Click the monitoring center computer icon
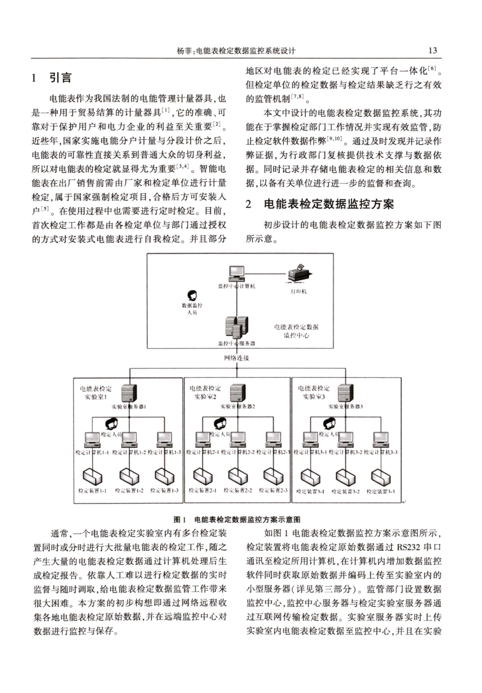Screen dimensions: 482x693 tap(236, 274)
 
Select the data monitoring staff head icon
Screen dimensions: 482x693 tap(192, 296)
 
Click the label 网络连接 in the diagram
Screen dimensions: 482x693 tap(236, 358)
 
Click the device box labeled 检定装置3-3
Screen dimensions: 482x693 tap(381, 477)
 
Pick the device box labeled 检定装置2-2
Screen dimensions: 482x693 tap(237, 476)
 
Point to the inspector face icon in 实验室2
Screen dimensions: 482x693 tap(219, 423)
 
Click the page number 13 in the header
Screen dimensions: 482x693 tap(432, 50)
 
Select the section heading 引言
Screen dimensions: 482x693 tap(60, 78)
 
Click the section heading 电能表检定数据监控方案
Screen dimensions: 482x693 tap(329, 204)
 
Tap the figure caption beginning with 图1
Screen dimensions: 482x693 tap(237, 520)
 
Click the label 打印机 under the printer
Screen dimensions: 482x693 tap(298, 291)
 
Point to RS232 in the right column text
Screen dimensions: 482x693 tap(409, 547)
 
